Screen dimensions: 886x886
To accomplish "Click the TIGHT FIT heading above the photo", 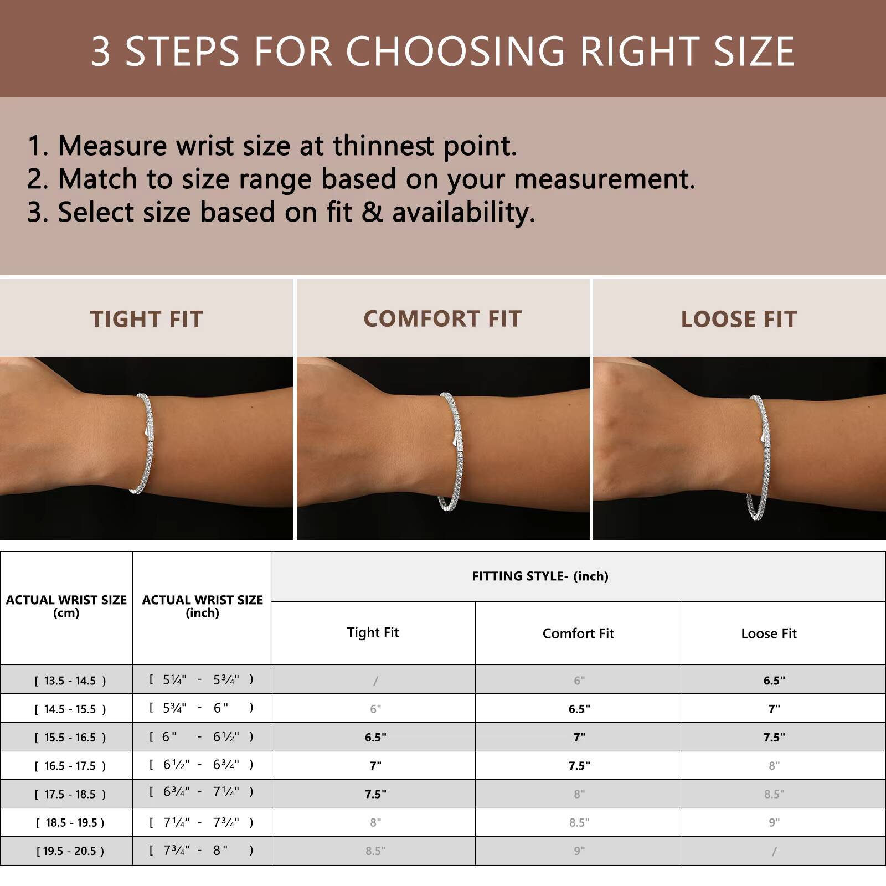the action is point(147,320).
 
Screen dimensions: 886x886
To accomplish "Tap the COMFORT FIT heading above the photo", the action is point(442,319).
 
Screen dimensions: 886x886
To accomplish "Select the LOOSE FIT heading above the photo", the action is point(739,320).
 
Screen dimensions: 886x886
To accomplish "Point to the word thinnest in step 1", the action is point(383,146).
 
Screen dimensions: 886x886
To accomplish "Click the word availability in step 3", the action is point(464,213).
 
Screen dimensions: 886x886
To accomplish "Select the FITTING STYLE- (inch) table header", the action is point(540,576).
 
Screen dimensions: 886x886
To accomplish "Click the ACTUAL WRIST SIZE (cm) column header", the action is point(66,606).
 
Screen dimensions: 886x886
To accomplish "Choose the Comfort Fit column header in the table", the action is point(578,633).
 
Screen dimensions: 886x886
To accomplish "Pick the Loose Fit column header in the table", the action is point(769,633).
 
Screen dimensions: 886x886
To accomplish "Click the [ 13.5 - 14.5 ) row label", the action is point(70,681).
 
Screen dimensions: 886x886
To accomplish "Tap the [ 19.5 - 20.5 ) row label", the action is point(70,851).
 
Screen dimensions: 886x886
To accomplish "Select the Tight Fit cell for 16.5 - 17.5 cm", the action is point(375,766).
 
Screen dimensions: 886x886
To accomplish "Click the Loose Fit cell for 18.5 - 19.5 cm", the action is point(774,823).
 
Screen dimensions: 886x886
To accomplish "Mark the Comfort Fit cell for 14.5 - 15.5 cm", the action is point(579,709).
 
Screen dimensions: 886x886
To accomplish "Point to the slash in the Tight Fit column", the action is point(375,681).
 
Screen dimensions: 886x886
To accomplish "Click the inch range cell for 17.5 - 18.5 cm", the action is point(202,792).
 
